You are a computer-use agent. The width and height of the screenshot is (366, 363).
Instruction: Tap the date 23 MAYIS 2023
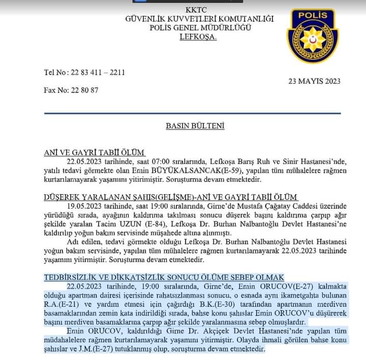pyautogui.click(x=314, y=81)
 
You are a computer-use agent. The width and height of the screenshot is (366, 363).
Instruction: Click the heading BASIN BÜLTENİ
pyautogui.click(x=195, y=126)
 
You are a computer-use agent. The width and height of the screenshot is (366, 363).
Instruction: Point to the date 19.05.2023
pyautogui.click(x=84, y=206)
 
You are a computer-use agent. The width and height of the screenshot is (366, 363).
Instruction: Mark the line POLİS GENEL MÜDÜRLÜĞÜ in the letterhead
pyautogui.click(x=200, y=28)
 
